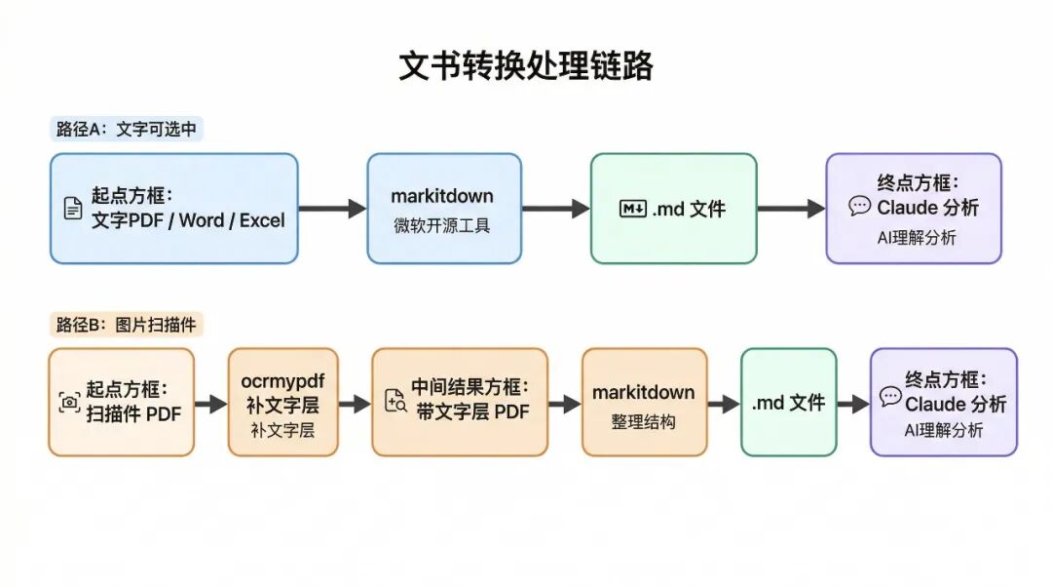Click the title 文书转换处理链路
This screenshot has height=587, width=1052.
click(x=526, y=66)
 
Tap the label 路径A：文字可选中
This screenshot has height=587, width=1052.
click(x=127, y=130)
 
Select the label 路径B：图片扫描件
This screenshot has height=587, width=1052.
click(x=127, y=325)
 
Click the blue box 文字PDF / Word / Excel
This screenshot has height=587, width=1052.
click(x=173, y=209)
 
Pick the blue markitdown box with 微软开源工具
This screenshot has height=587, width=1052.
click(x=443, y=209)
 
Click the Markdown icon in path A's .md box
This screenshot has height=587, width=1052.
click(x=633, y=209)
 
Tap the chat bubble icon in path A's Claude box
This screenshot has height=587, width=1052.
click(x=859, y=207)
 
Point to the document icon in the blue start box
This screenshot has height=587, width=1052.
click(x=73, y=209)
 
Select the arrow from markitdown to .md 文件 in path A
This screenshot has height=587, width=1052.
click(x=555, y=209)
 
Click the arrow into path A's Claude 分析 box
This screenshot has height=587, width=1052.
click(x=791, y=209)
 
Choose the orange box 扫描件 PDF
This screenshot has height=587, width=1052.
click(x=121, y=402)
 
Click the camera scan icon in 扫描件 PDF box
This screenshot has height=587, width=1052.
click(x=69, y=402)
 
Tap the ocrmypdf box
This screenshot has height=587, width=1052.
click(x=282, y=402)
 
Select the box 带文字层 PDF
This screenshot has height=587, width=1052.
click(x=460, y=402)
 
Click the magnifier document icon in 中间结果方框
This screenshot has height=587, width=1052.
click(x=395, y=401)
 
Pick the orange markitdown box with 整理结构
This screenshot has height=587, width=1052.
click(x=644, y=402)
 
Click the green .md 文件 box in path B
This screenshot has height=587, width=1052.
click(x=788, y=402)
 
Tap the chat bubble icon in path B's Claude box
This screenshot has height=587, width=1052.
click(x=890, y=397)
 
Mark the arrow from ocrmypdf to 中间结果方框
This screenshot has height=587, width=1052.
click(x=355, y=404)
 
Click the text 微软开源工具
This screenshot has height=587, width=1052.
click(x=443, y=226)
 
